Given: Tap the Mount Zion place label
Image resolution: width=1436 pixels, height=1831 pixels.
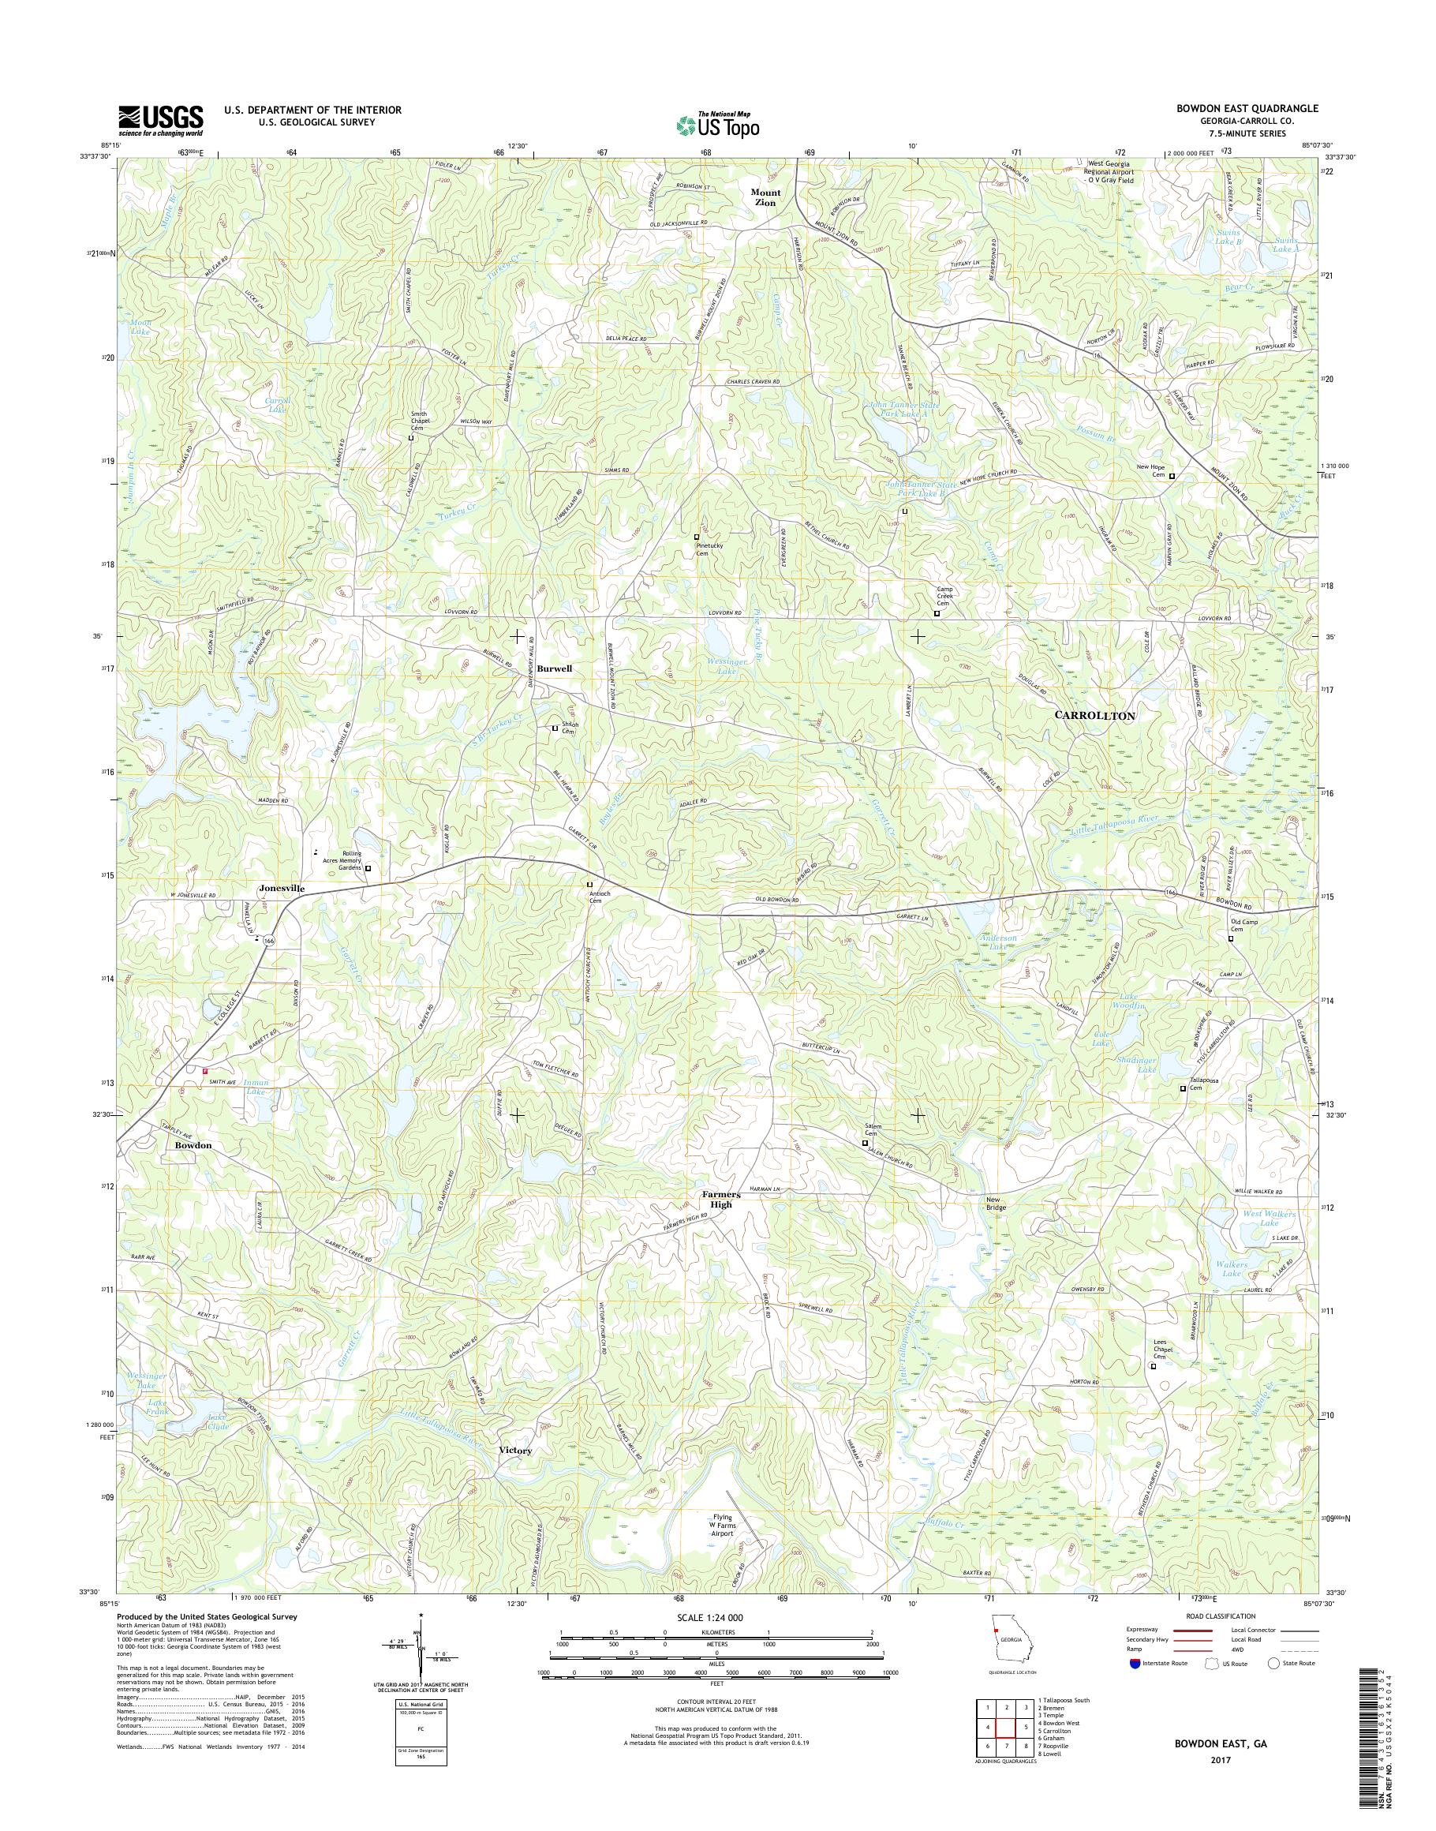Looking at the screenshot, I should click(x=765, y=197).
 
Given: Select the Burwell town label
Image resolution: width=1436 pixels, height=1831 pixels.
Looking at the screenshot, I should click(x=555, y=668).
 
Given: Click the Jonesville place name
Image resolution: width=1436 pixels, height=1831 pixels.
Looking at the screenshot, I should click(x=282, y=888).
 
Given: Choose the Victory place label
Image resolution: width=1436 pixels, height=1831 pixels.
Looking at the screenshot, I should click(x=515, y=1451).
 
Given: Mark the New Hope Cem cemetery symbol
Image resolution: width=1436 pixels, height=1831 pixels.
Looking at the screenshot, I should click(x=1172, y=476).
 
